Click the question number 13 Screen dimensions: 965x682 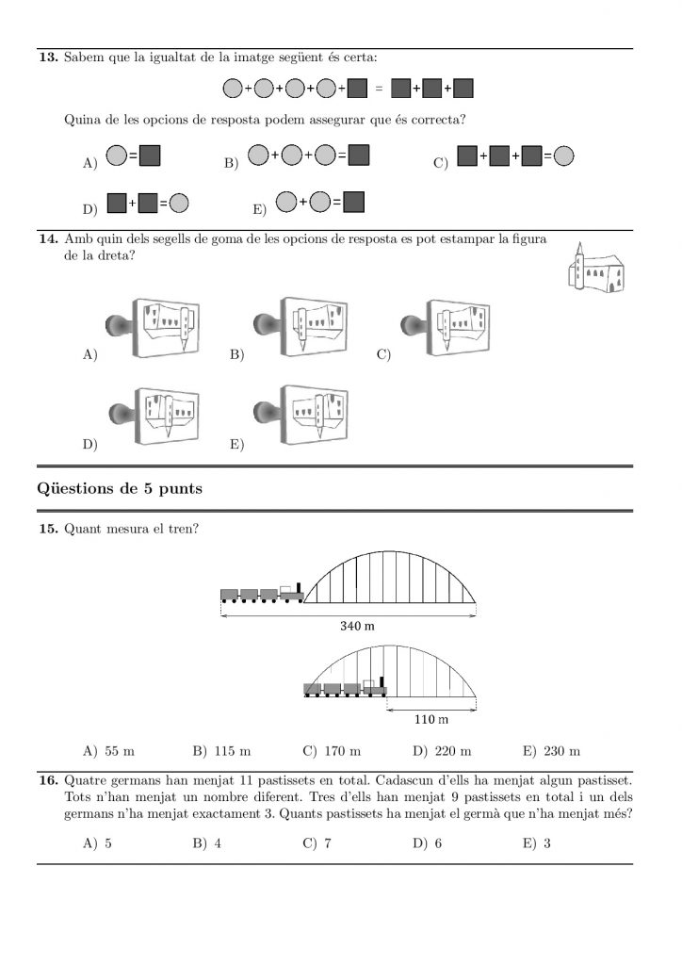[46, 58]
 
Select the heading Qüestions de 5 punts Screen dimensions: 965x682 [119, 488]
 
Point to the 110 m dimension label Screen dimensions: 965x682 [431, 721]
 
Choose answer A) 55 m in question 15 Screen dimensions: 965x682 [109, 751]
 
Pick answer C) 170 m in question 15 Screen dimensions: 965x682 [332, 751]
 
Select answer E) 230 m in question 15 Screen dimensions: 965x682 [551, 751]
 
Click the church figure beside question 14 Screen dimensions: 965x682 [595, 268]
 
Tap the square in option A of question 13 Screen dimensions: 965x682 [151, 155]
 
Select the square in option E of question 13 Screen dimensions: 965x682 [354, 201]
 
